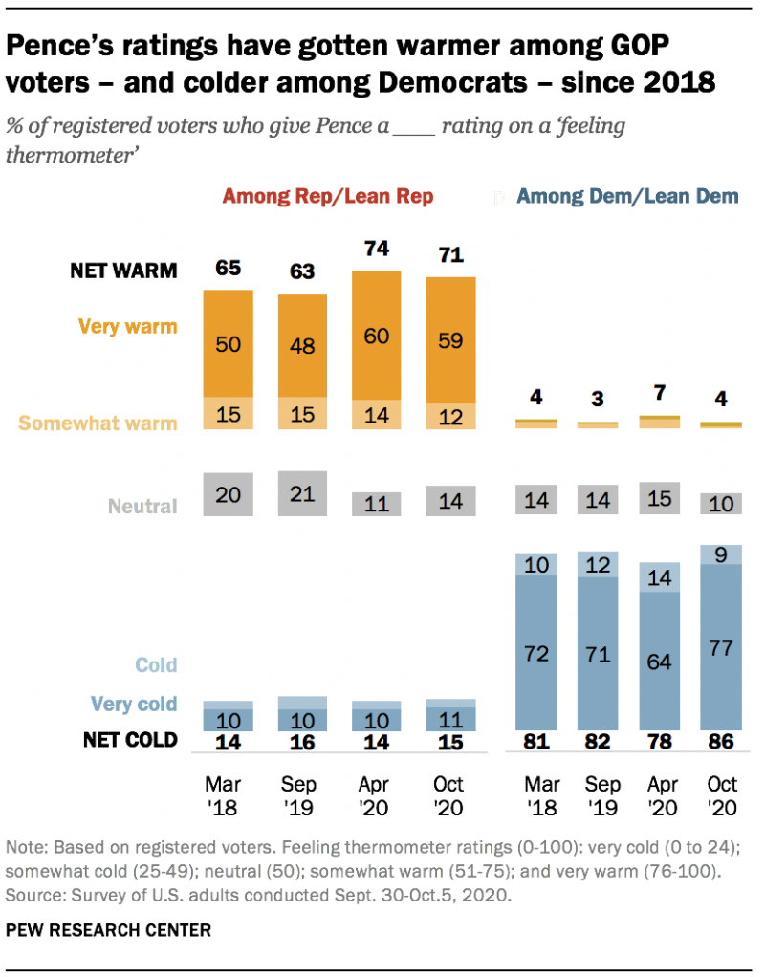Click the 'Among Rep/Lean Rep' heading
coord(327,197)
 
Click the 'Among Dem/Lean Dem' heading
coord(626,197)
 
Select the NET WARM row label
coord(123,271)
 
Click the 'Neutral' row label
coord(142,506)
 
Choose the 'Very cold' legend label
coord(134,705)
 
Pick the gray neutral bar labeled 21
coord(302,494)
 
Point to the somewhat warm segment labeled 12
coord(449,417)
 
